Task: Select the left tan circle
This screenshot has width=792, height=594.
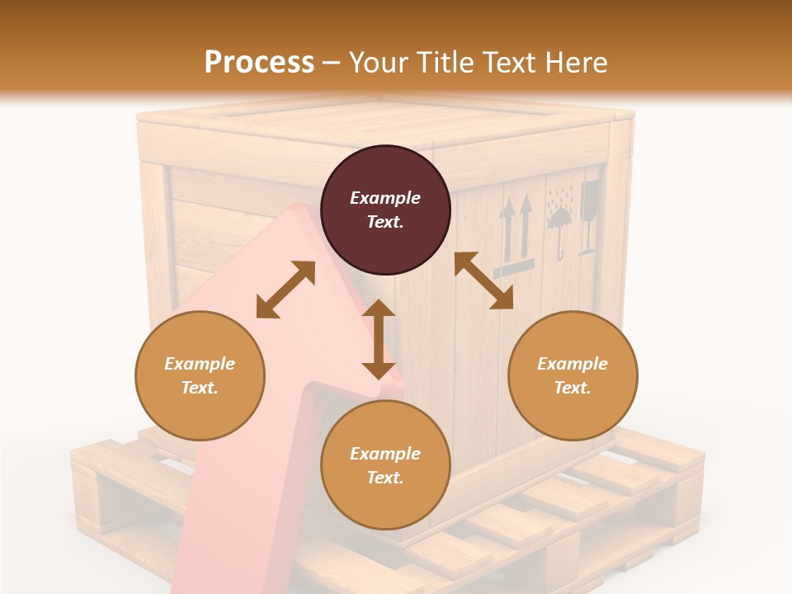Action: coord(200,375)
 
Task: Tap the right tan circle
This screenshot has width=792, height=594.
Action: coord(573,375)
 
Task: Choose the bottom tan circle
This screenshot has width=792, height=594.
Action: coord(385,465)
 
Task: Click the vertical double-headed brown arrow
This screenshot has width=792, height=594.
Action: coord(379,339)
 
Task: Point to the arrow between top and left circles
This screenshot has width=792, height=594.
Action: coord(285,289)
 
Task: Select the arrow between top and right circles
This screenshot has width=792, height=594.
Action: coord(483,280)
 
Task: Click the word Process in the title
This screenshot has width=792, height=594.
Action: coord(259,62)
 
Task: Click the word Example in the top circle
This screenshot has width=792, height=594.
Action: coord(385,198)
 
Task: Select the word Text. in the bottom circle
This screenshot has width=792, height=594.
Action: coord(385,478)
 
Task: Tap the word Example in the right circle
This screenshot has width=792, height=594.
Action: coord(573,364)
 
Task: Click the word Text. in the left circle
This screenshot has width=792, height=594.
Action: coord(200,388)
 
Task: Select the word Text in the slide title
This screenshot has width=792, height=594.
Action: coord(505,62)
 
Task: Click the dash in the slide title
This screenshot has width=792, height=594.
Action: coord(331,63)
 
